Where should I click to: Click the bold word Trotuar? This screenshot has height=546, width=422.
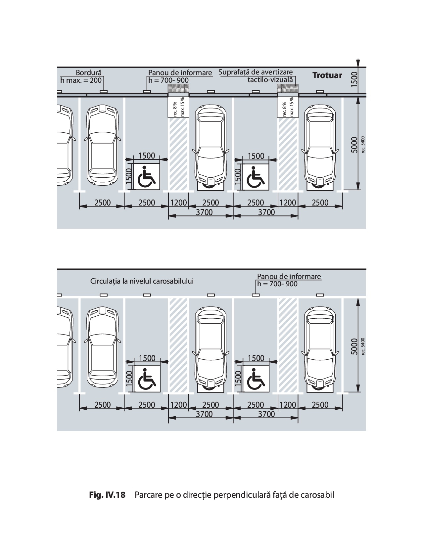327,75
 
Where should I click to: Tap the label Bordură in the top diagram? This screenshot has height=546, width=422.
89,72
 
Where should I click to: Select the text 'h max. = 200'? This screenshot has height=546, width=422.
81,80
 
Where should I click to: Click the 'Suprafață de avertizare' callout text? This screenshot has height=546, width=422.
256,72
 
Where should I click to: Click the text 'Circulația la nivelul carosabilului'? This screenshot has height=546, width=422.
142,281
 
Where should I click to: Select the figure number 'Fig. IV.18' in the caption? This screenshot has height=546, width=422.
108,495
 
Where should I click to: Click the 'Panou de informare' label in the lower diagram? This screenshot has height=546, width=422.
289,276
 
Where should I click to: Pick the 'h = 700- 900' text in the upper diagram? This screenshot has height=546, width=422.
168,80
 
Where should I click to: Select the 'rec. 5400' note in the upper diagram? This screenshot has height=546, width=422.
363,145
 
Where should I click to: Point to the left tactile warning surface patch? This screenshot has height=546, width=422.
179,88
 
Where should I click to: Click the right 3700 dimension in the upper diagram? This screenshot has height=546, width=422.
266,212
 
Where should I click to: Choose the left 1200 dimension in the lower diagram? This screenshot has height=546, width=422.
178,405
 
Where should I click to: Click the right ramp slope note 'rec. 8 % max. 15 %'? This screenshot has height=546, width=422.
288,107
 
